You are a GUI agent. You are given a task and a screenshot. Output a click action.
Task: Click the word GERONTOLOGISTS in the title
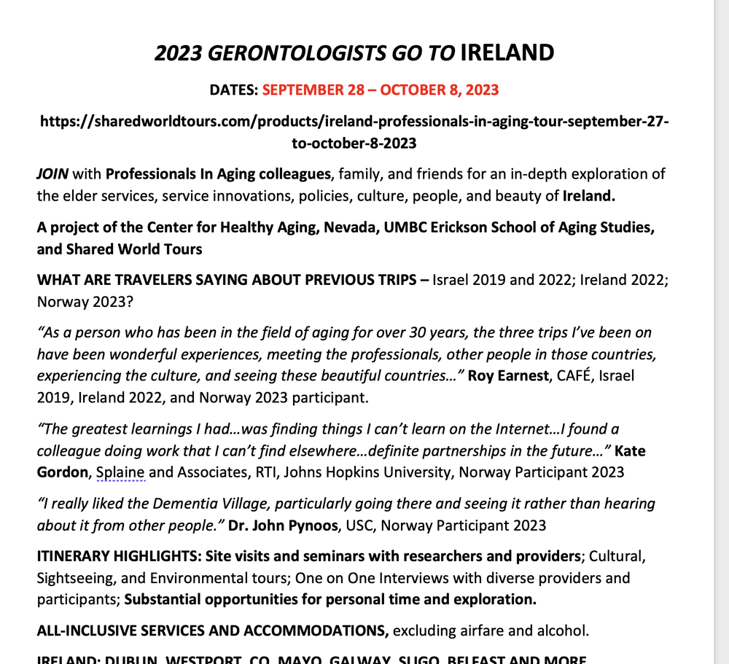coord(297,53)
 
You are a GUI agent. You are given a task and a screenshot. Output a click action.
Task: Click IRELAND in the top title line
coord(508,53)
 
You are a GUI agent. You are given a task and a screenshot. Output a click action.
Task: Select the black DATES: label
coord(233,90)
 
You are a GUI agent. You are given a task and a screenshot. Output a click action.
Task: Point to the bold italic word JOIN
coord(52,175)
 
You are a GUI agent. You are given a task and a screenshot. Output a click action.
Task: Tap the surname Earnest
coord(521,376)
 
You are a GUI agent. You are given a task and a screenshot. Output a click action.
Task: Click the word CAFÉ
coord(575,376)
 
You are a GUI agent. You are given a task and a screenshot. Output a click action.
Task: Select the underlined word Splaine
coord(120,472)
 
